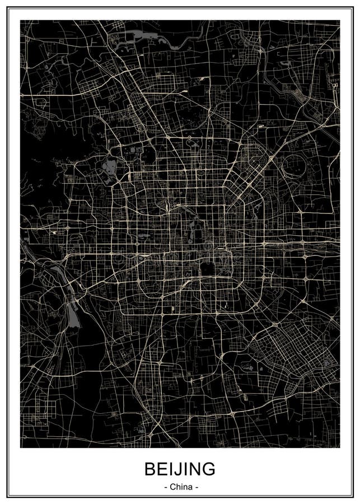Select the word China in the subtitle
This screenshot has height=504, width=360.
click(x=180, y=487)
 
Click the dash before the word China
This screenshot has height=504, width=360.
click(x=165, y=487)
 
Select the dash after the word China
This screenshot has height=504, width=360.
click(x=196, y=487)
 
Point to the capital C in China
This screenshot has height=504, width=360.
click(x=172, y=487)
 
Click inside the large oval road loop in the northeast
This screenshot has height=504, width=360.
click(x=293, y=166)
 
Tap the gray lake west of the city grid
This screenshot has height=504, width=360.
click(x=110, y=165)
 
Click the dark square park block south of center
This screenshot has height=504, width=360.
click(x=208, y=269)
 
